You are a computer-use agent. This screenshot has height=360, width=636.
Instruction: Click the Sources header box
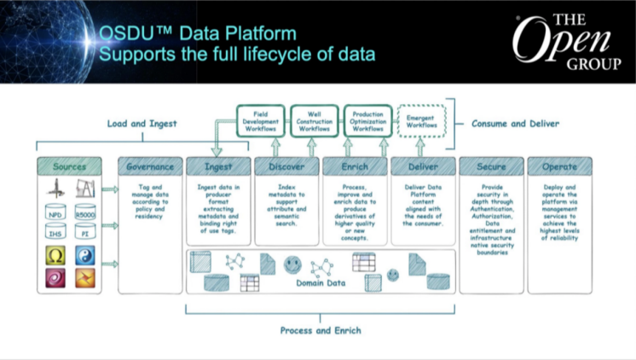click(x=69, y=166)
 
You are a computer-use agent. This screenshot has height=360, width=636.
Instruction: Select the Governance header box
click(x=150, y=166)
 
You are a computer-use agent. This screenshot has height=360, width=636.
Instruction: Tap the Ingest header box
click(x=218, y=166)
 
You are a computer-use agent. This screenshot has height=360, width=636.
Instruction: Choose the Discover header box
click(x=287, y=166)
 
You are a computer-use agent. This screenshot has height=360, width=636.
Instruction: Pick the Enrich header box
click(x=356, y=166)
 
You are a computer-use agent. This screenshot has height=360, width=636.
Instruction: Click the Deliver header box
click(x=423, y=166)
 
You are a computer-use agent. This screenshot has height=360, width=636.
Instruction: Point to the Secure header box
click(x=491, y=166)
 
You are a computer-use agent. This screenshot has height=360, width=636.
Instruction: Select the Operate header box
click(x=559, y=166)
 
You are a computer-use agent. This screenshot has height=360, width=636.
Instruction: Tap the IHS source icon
click(x=56, y=231)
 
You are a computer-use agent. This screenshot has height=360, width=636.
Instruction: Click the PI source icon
click(x=85, y=231)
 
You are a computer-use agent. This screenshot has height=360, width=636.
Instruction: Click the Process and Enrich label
click(x=320, y=330)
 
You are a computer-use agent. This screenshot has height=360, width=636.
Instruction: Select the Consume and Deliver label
click(x=516, y=124)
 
